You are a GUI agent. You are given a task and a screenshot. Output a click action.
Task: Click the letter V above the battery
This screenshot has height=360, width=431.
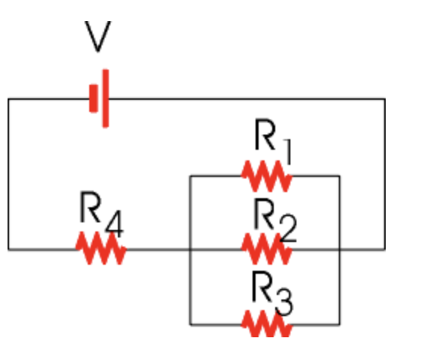[96, 38]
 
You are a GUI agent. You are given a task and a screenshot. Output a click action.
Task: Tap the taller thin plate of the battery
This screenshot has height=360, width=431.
[105, 98]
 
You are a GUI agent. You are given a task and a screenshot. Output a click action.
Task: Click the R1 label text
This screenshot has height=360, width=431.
[272, 139]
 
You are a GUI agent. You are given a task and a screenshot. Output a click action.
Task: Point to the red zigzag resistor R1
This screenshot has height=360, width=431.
[266, 176]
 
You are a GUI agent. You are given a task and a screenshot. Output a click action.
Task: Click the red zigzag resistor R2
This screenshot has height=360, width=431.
[266, 249]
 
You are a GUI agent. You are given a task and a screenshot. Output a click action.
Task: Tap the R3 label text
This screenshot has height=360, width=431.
[272, 290]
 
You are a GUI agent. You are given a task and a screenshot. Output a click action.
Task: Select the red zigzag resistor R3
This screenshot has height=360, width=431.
[266, 324]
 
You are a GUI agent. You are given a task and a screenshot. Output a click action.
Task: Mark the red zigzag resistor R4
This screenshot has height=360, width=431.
[101, 249]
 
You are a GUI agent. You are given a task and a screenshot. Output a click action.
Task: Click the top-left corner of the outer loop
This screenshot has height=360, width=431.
[8, 98]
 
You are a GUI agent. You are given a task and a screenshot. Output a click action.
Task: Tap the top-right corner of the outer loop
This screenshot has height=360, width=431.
[385, 98]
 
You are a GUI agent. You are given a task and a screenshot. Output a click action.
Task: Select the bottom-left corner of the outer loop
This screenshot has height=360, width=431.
[8, 249]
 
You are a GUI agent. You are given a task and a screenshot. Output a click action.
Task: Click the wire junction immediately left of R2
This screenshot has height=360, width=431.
[190, 249]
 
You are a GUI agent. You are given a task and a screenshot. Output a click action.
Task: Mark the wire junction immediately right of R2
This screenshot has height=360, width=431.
[340, 249]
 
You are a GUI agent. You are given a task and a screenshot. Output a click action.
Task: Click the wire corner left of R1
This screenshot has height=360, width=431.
[190, 176]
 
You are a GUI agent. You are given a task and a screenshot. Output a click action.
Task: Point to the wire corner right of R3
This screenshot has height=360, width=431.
[340, 324]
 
